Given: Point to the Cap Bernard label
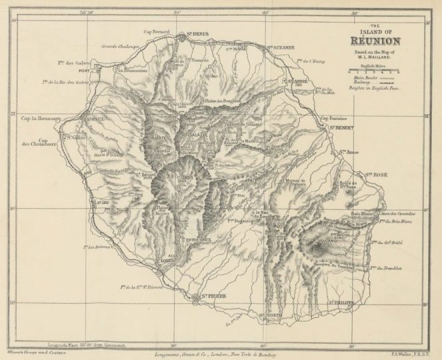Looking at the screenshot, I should pos(157,31).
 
